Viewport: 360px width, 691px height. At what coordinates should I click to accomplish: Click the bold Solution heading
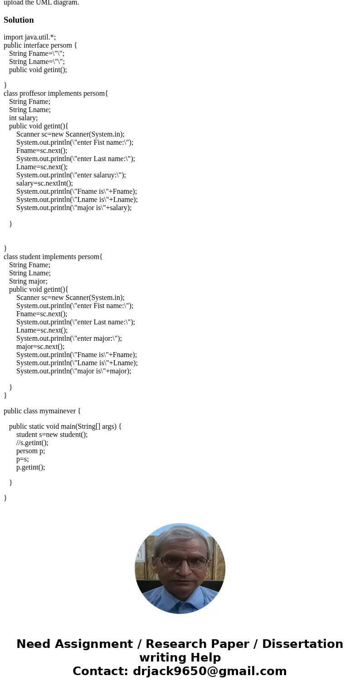tap(19, 20)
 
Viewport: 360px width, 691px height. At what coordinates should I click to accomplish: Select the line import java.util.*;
tap(29, 37)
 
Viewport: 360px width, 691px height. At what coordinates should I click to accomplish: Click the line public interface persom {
tap(40, 45)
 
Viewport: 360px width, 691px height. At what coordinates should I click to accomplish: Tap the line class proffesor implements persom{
tap(56, 93)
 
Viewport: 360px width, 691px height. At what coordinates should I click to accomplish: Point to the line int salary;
tap(23, 118)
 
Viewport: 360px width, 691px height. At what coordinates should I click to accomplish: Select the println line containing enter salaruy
tap(71, 175)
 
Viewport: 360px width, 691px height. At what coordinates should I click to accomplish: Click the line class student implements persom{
tap(53, 257)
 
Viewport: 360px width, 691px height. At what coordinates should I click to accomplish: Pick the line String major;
tap(28, 281)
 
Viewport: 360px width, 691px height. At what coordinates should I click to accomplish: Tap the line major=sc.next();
tap(40, 347)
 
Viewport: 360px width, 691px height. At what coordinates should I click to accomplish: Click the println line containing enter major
tap(69, 338)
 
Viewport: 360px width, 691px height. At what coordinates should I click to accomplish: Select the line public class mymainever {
tap(42, 411)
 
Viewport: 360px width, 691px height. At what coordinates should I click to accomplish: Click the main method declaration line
tap(65, 426)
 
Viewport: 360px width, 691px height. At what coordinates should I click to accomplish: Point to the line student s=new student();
tap(52, 435)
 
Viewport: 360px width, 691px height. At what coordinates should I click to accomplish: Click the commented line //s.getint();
tap(32, 443)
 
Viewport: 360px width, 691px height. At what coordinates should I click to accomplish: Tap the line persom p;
tap(30, 451)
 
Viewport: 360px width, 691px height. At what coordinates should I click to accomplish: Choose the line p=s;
tap(22, 459)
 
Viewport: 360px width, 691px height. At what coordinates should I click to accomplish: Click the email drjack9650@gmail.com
tap(209, 671)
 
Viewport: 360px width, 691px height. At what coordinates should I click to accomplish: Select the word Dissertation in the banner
tap(302, 644)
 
